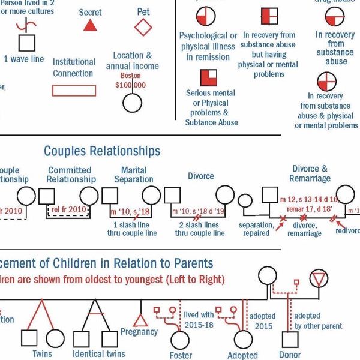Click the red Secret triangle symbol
[x=90, y=25]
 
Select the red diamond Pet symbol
[x=143, y=27]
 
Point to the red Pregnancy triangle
[x=140, y=319]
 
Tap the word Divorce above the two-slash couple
[x=200, y=176]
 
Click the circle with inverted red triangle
[x=318, y=278]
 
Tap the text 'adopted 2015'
[x=262, y=321]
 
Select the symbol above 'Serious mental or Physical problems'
[x=209, y=77]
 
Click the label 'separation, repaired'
[x=256, y=229]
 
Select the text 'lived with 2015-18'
[x=199, y=319]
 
